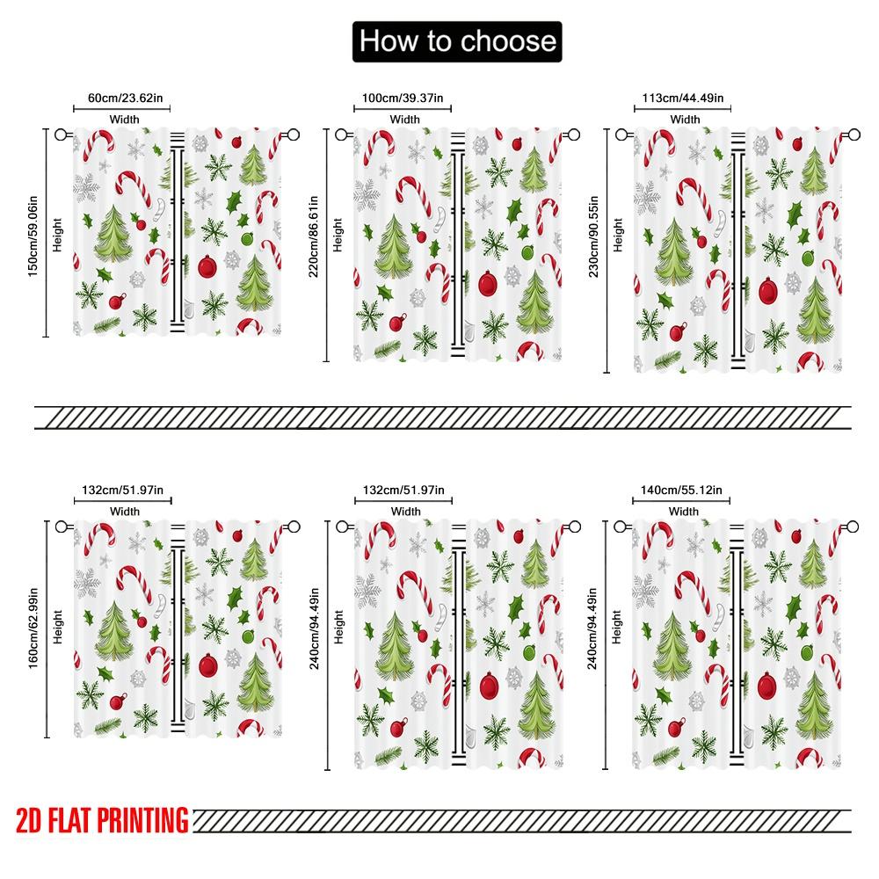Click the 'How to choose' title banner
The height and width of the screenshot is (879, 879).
[x=456, y=41]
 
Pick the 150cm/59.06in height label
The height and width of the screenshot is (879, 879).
[x=33, y=233]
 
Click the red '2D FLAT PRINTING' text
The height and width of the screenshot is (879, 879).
[x=102, y=821]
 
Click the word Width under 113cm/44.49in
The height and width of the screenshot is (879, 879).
[x=685, y=120]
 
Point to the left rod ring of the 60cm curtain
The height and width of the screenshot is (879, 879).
[x=62, y=135]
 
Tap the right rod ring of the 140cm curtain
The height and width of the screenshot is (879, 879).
[x=853, y=527]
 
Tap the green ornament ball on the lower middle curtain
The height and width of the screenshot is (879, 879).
[x=528, y=651]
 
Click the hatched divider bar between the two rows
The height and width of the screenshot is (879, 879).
[x=442, y=418]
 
